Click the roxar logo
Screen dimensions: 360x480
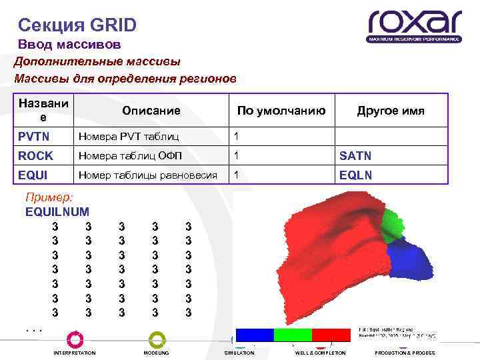pos(414,25)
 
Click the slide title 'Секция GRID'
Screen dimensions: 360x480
pos(77,25)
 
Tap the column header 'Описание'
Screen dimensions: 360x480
pos(151,111)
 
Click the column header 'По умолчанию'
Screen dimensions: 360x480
pos(281,111)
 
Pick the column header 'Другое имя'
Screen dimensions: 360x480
pos(391,111)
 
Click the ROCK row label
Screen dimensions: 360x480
pos(35,156)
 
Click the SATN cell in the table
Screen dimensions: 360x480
pos(355,156)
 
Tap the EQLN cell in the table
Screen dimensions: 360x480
pos(355,175)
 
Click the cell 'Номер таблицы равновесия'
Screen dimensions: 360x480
pos(148,175)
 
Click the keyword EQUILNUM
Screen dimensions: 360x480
pos(57,212)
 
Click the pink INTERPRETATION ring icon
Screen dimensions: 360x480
pos(75,339)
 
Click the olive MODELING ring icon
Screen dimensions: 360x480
pos(157,339)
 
